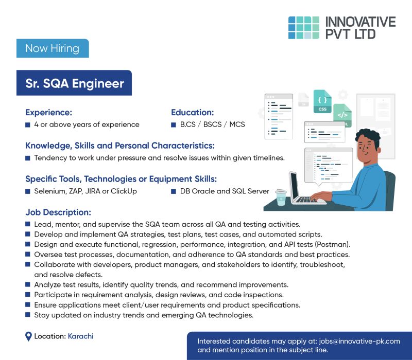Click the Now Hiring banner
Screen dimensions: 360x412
click(x=52, y=48)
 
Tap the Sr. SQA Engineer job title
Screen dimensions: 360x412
click(x=75, y=83)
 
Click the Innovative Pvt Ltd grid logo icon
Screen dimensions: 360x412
click(x=303, y=27)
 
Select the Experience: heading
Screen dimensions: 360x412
click(x=48, y=112)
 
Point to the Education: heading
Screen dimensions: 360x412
click(x=192, y=112)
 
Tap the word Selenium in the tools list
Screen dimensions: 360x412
click(x=49, y=191)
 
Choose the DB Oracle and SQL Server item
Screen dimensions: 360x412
click(x=225, y=191)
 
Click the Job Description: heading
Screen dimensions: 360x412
click(x=58, y=212)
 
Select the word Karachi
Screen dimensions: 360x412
click(x=80, y=336)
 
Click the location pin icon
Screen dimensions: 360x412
click(x=29, y=337)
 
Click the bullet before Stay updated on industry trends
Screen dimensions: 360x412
click(x=28, y=315)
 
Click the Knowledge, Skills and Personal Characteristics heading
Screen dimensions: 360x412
click(x=120, y=146)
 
